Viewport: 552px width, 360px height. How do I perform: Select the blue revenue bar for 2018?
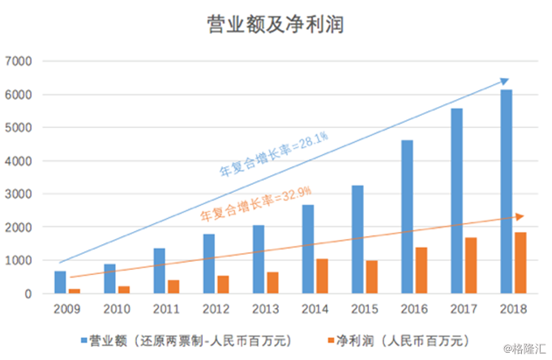[507, 191]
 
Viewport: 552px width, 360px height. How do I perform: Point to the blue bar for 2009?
[60, 282]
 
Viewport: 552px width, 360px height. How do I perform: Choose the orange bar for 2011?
[173, 286]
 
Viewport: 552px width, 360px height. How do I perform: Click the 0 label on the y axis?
[27, 294]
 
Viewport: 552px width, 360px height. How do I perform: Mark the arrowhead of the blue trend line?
[505, 81]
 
